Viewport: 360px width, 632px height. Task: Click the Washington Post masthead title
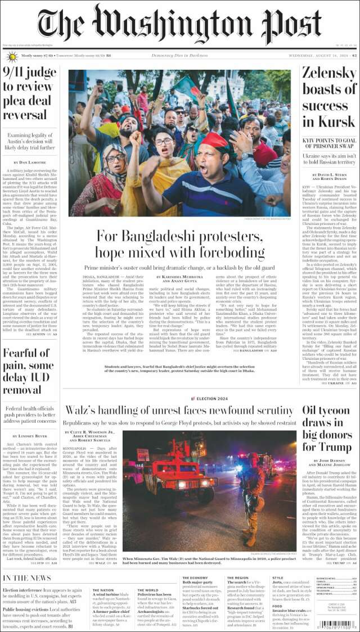tap(180, 25)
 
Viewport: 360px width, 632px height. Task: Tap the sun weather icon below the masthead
tap(12, 56)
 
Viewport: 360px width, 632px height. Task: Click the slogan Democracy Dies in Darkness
tap(180, 56)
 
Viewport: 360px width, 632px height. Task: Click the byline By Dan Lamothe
tap(31, 162)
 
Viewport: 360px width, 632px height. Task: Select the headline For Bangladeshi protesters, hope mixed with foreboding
tap(180, 243)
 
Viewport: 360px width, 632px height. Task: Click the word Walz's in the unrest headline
tap(84, 411)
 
